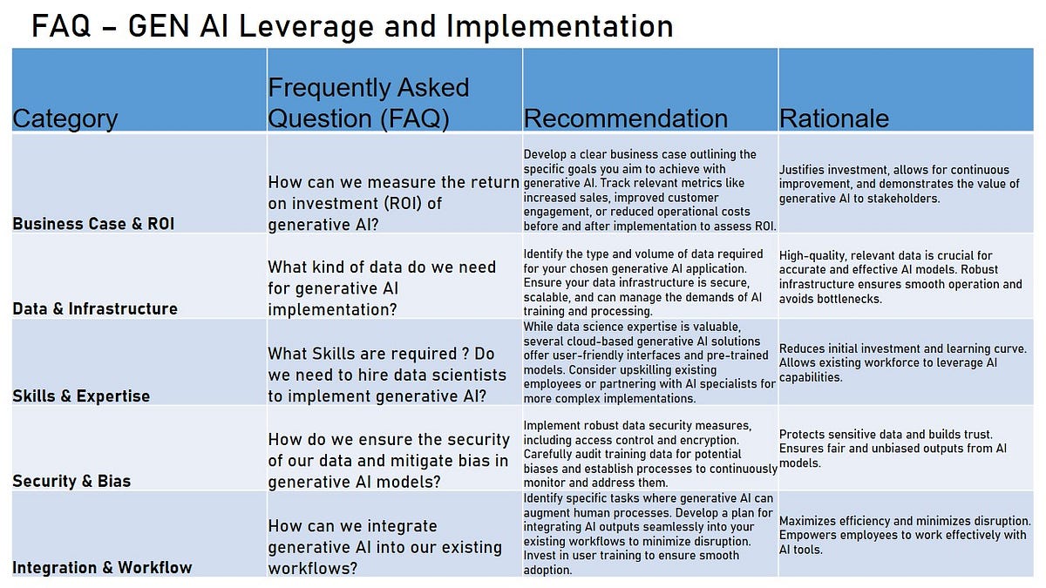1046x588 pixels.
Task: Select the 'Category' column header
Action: click(x=65, y=118)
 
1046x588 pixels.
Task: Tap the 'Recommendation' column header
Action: click(x=626, y=118)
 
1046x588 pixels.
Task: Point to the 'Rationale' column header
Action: click(x=834, y=118)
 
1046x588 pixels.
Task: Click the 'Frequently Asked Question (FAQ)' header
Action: click(x=369, y=103)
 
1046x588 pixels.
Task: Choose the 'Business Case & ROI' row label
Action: click(x=93, y=224)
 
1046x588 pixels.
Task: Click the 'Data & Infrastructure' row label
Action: click(x=95, y=308)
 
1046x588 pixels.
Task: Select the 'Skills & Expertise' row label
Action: click(x=81, y=396)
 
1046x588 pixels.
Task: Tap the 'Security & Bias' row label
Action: click(x=71, y=481)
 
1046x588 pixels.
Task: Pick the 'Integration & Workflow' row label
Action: click(x=102, y=568)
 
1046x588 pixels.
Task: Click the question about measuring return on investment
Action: click(x=393, y=202)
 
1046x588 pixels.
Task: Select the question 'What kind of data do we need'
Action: click(x=382, y=288)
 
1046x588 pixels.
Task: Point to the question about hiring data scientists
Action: click(x=387, y=375)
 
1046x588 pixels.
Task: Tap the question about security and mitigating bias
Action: click(x=389, y=460)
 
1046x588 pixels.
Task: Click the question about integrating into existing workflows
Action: click(x=384, y=547)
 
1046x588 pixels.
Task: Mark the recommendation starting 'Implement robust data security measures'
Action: click(x=649, y=454)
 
